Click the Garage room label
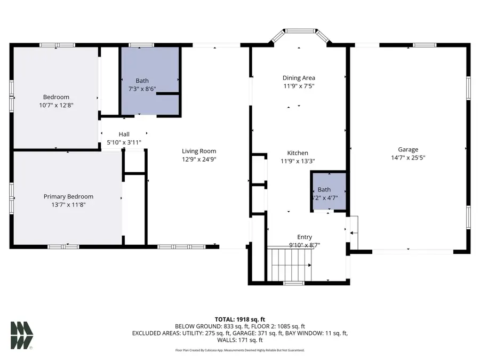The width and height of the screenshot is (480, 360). point(408,150)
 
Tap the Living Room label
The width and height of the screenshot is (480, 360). point(199,151)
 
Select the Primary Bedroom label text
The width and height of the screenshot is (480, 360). point(68,197)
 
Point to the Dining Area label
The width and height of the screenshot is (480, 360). point(299,78)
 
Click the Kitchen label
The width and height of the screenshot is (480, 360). point(298,153)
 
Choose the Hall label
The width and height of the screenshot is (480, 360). point(124,134)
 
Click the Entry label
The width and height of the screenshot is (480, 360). point(305,237)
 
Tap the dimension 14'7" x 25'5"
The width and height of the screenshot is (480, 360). point(408,158)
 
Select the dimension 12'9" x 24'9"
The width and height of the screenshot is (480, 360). point(199,159)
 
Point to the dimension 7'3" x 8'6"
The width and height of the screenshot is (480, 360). point(142,89)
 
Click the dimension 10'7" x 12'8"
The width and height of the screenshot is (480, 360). point(56,105)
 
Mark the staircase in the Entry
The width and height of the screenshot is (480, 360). point(290,264)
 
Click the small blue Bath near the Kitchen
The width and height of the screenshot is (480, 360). point(329,191)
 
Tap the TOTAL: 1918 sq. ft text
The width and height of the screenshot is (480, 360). point(239,319)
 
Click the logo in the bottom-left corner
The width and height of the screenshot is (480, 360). point(21,335)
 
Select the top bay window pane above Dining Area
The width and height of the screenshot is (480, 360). point(300,31)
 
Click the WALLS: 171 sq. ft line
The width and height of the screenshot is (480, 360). point(239,340)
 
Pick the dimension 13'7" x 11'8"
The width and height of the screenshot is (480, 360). point(68,205)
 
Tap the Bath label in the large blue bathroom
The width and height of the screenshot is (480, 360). point(142,81)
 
